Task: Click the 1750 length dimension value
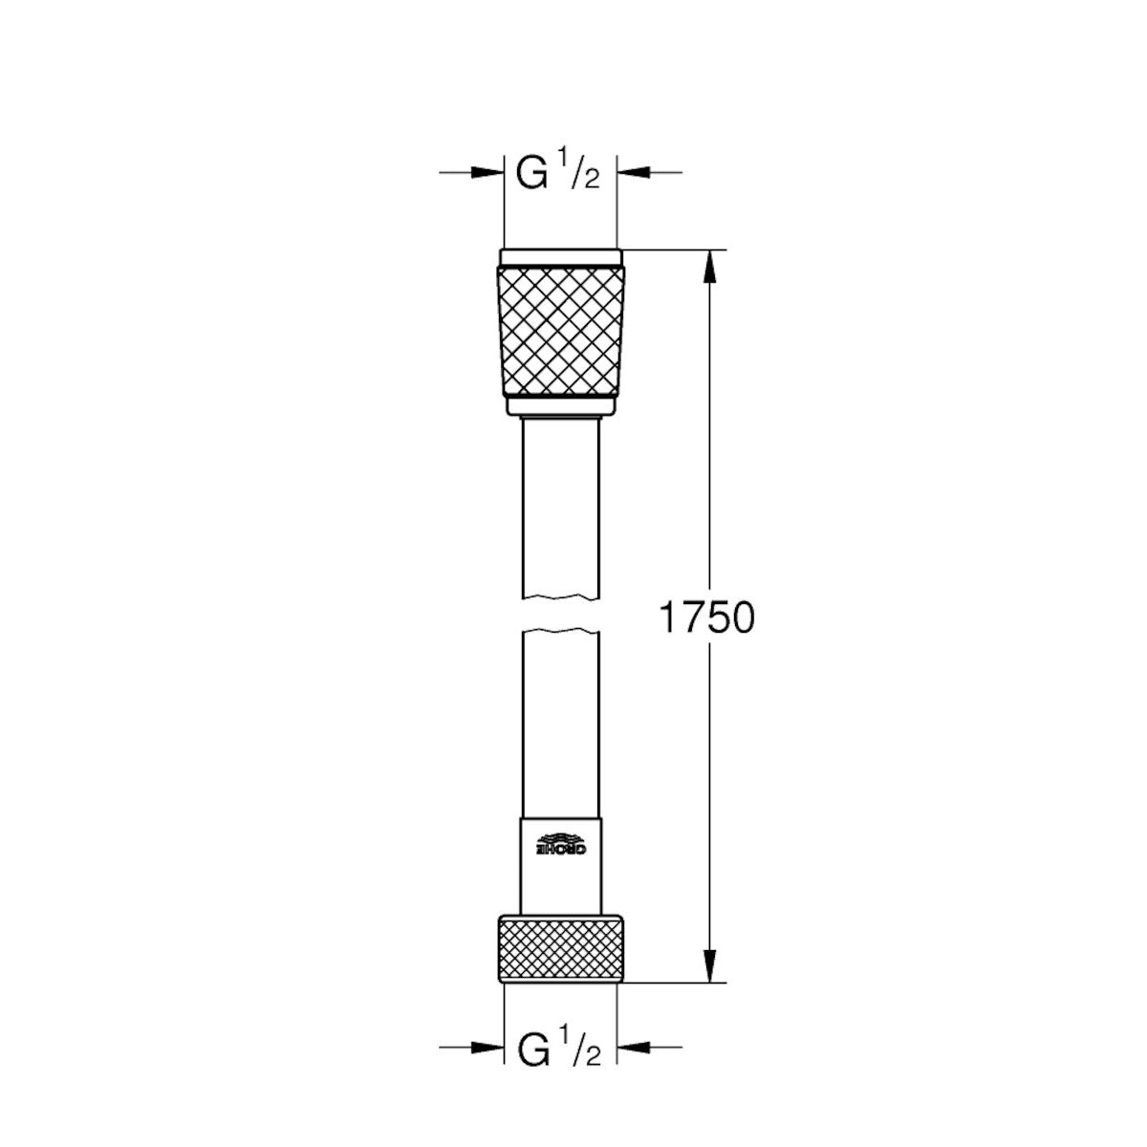706,618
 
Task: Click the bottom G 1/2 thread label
559,1049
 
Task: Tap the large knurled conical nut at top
560,330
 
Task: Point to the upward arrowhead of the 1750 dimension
708,268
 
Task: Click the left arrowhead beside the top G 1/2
487,172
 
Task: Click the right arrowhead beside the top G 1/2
634,172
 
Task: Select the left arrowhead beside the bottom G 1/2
487,1050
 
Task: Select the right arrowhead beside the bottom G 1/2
634,1050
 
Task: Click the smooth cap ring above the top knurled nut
560,257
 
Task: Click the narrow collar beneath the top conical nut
560,408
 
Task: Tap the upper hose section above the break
560,507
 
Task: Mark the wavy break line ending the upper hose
560,599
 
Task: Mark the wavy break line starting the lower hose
560,631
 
